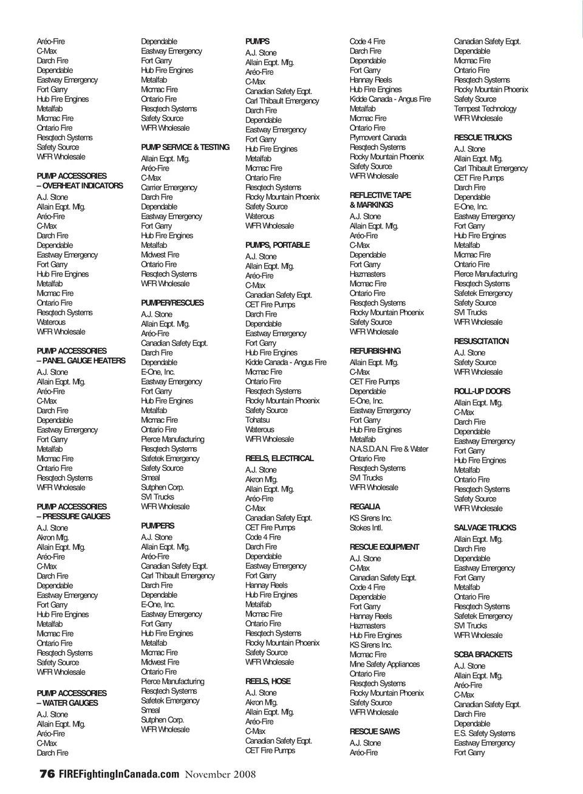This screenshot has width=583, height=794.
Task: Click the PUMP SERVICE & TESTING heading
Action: pos(185,147)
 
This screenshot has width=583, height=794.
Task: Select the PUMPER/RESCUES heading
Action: pos(172,303)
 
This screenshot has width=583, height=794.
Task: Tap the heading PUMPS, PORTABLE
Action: pos(278,245)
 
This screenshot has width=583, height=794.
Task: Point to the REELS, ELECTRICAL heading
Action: pos(279,458)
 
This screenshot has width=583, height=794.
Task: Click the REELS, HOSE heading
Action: pos(268,681)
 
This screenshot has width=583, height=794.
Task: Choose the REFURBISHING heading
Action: pos(375,351)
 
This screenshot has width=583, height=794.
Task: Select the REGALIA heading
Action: pos(365,506)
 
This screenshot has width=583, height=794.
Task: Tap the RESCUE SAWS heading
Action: pos(375,731)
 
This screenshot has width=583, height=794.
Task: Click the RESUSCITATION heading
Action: pos(482,341)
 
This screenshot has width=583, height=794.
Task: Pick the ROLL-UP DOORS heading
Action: pos(482,391)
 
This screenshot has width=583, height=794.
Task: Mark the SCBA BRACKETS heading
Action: pos(483,654)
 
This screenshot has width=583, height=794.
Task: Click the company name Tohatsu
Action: pos(257,420)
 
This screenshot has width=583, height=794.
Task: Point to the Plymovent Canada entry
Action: pos(378,137)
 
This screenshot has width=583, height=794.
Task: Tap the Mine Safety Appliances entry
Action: pos(384,664)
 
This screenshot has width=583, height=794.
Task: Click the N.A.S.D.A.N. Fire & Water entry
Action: pos(389,449)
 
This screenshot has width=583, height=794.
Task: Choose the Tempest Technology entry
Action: pos(485,109)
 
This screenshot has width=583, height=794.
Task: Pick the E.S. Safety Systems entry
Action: pos(485,733)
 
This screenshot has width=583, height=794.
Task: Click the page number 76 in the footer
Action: pos(47,774)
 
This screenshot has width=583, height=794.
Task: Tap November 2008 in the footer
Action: pos(220,774)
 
